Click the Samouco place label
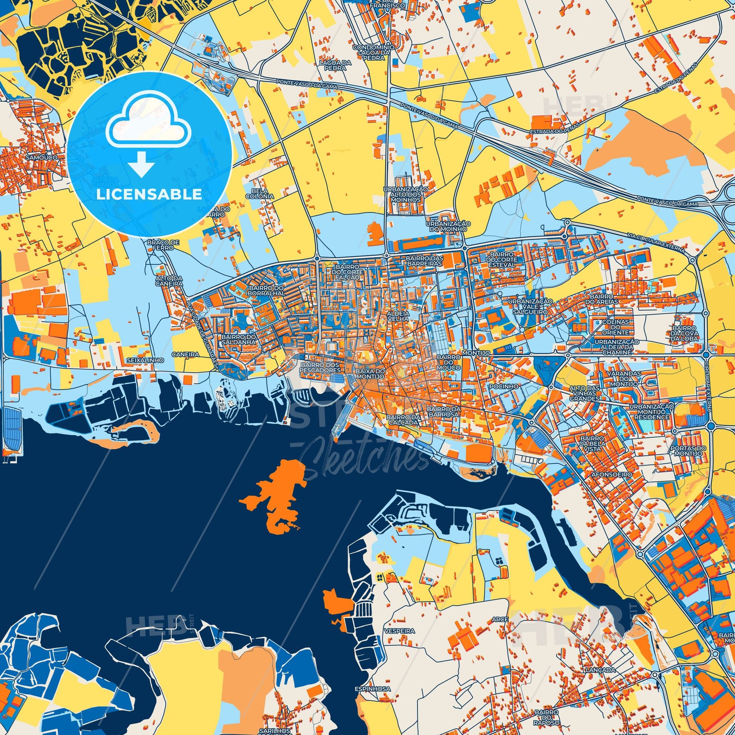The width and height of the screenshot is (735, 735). [42, 157]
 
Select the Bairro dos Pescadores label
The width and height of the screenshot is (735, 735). [320, 367]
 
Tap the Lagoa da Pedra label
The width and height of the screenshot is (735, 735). [333, 65]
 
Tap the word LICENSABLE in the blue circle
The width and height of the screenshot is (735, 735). [149, 195]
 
